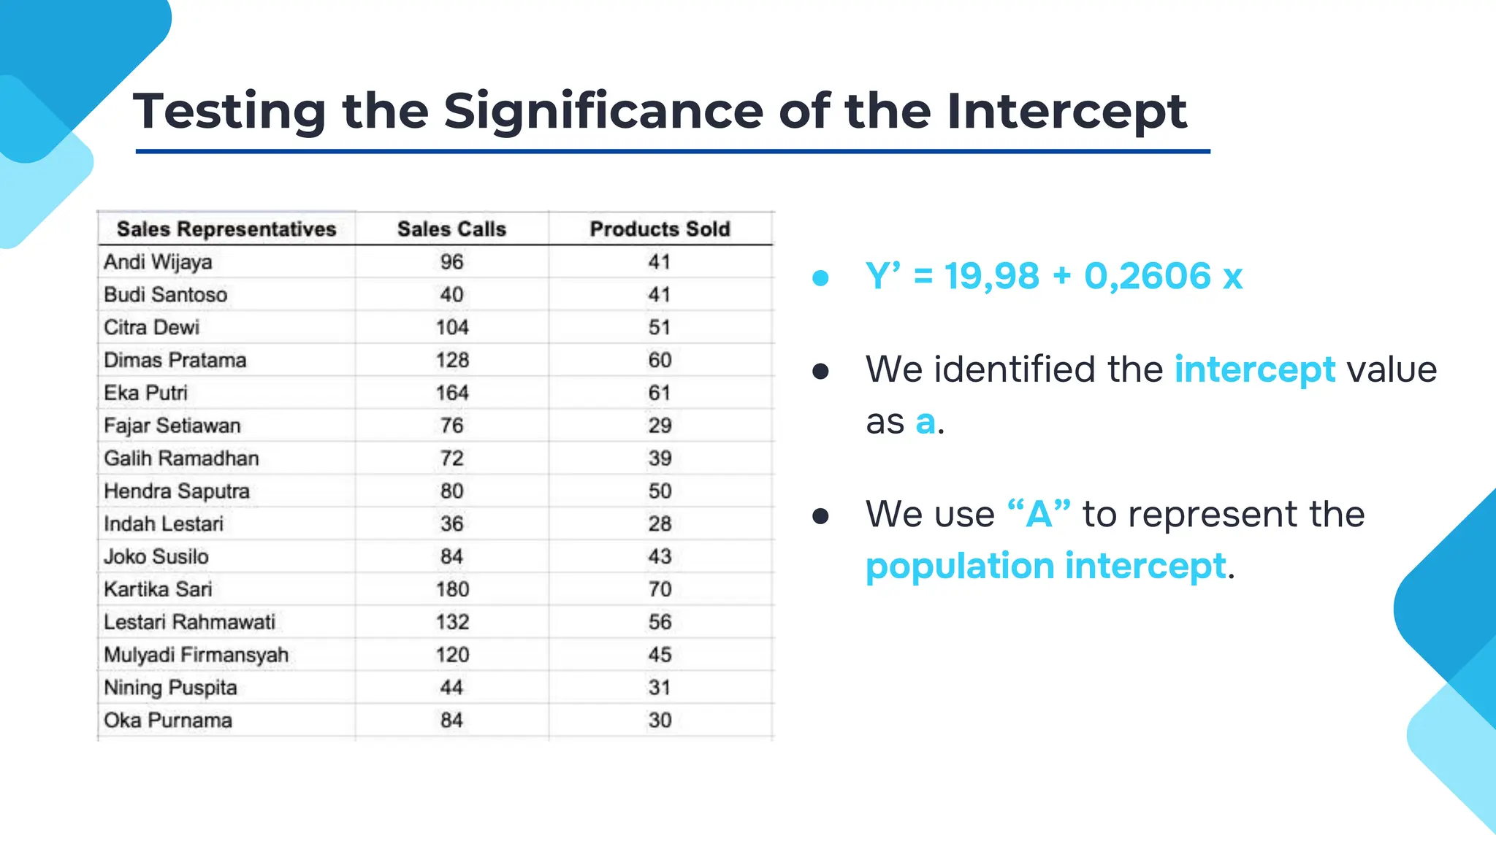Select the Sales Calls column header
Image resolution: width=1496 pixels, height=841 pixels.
451,229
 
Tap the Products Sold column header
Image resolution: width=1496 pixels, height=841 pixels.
660,229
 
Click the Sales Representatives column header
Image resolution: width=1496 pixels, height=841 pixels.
226,229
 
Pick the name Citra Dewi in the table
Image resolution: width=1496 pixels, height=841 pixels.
151,327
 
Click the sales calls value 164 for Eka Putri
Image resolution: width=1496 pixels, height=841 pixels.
452,393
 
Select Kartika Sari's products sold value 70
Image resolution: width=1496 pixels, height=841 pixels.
660,589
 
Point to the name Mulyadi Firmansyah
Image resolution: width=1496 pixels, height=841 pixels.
196,655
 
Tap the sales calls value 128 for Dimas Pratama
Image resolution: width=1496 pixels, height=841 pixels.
452,360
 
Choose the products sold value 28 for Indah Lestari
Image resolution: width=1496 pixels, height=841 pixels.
660,523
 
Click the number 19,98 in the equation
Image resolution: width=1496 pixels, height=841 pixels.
991,276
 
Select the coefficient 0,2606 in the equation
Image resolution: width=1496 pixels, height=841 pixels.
1148,276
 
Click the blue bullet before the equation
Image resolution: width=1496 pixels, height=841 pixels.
820,277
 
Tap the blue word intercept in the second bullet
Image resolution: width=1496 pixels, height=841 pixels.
1254,369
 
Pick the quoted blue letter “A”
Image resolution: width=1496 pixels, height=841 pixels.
1038,514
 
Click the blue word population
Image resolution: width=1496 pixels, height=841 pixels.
959,567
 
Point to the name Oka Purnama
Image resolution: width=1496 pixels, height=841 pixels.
167,721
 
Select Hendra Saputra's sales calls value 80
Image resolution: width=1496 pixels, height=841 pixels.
451,491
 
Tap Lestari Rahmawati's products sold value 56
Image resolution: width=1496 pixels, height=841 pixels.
660,622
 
